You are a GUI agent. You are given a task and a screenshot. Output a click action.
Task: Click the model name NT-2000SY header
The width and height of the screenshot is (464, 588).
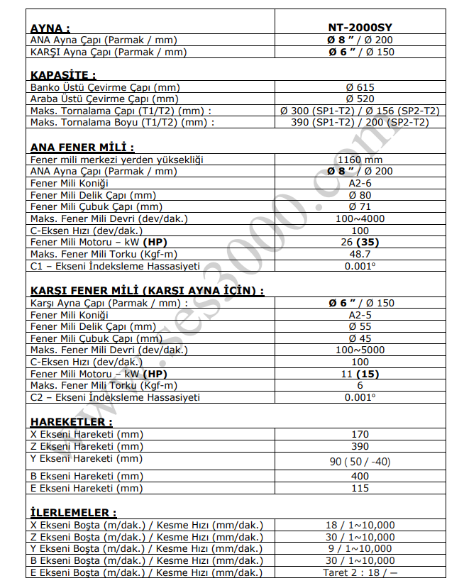[360, 28]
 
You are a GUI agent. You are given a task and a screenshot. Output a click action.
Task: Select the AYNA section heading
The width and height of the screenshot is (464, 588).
[50, 28]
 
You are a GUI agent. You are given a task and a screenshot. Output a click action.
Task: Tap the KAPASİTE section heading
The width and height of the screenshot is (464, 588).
[63, 74]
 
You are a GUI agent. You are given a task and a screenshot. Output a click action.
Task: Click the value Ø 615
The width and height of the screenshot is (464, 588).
[360, 87]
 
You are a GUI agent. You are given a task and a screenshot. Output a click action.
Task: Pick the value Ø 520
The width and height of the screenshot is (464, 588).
[360, 99]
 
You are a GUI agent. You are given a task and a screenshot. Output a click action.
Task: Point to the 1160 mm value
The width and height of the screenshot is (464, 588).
[360, 160]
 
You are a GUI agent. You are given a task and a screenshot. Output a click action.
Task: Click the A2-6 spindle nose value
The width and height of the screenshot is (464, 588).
[360, 183]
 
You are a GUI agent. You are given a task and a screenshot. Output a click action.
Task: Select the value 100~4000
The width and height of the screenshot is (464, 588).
[360, 218]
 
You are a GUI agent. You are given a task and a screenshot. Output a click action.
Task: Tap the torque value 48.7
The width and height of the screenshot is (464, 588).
[360, 253]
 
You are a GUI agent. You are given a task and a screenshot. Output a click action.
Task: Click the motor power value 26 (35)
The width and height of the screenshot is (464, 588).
[360, 242]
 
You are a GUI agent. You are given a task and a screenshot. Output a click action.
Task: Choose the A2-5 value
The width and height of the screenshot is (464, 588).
[360, 314]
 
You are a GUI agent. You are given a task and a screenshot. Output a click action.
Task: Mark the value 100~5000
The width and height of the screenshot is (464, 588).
[360, 350]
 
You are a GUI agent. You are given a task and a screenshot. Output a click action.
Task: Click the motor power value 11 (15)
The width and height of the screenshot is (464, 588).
[360, 374]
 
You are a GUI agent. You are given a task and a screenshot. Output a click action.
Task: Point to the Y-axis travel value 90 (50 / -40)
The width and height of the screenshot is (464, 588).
[360, 462]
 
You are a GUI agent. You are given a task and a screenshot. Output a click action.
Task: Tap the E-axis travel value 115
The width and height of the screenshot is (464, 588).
[360, 488]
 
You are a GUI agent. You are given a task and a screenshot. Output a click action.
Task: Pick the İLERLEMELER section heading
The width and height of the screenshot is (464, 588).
[73, 512]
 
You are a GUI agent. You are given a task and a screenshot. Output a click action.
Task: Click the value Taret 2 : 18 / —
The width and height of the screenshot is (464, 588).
[360, 572]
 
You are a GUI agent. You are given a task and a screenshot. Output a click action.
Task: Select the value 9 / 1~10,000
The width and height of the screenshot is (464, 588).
[360, 548]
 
